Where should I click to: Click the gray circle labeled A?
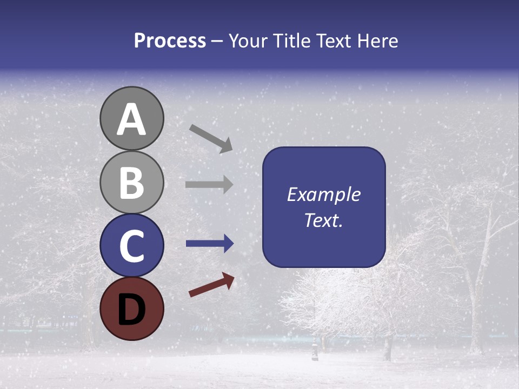coord(131,118)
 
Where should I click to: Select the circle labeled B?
coord(131,182)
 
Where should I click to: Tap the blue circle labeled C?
coord(131,245)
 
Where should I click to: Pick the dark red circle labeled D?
coord(131,308)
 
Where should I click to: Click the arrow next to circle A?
coord(211,138)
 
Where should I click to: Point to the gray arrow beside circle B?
coord(209,184)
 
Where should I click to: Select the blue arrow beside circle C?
coord(209,244)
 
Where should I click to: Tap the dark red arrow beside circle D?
coord(211,284)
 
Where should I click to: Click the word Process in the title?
coord(170,41)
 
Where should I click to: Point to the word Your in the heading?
coord(249,41)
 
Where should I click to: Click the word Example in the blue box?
coord(323,194)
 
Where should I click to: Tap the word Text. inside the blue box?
coord(323,220)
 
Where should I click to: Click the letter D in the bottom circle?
coord(131,308)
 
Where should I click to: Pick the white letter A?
coord(131,119)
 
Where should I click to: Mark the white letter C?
coord(131,246)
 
